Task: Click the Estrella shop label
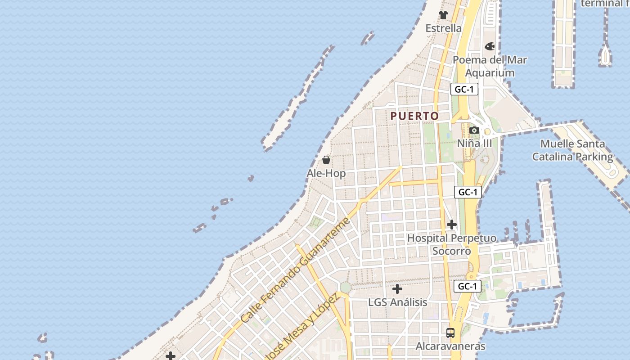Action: click(x=444, y=28)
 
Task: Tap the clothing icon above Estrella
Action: click(x=443, y=15)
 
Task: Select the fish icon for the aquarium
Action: click(x=490, y=46)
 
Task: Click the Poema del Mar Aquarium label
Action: click(x=490, y=66)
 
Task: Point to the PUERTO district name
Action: click(x=414, y=116)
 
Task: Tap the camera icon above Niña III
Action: click(x=474, y=130)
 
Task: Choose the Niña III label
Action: click(x=474, y=144)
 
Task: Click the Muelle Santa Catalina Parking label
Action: click(x=572, y=150)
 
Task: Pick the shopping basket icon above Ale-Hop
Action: click(x=326, y=160)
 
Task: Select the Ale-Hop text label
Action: click(x=326, y=173)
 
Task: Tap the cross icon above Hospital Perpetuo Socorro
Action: click(x=452, y=225)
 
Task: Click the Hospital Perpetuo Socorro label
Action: click(x=452, y=244)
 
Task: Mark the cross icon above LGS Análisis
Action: click(x=397, y=289)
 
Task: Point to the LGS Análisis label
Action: click(x=397, y=302)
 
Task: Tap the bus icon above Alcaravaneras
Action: click(x=450, y=333)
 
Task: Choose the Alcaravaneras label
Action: click(x=450, y=346)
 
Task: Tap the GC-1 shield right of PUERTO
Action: click(x=464, y=89)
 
